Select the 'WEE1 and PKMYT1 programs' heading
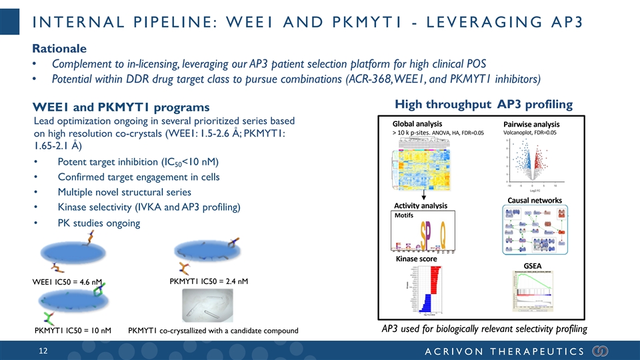tap(121, 107)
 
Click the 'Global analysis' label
tap(417, 124)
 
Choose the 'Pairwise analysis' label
tap(531, 124)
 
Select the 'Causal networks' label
tap(535, 200)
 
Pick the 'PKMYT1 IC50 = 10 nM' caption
tap(72, 331)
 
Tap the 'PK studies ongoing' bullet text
tap(99, 223)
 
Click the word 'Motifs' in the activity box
tap(404, 215)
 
